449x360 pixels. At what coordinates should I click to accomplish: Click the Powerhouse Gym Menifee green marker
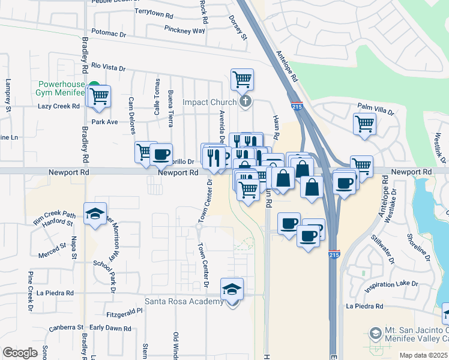[94, 86]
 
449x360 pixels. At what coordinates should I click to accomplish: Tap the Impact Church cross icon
[245, 101]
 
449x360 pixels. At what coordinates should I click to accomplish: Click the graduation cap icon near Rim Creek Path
[95, 214]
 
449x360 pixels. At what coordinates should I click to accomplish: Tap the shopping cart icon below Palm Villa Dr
[364, 125]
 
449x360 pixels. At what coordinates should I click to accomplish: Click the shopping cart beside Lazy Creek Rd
[99, 95]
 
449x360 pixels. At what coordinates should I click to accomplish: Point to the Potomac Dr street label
[109, 34]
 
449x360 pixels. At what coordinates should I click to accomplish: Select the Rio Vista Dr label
[108, 68]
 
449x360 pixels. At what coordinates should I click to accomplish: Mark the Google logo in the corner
[20, 352]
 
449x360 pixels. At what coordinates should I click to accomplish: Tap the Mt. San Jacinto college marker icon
[375, 332]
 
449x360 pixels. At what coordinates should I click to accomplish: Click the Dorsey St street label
[238, 28]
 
